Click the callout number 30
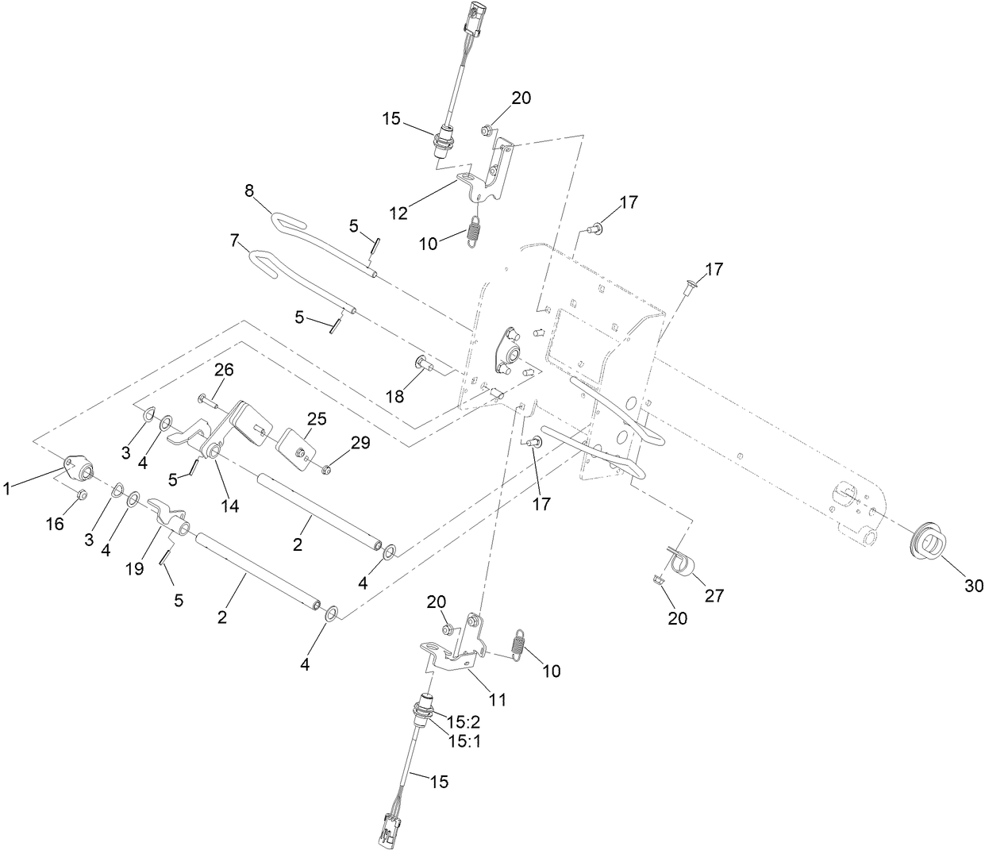click(x=973, y=586)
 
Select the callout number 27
click(x=714, y=594)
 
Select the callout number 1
click(x=7, y=490)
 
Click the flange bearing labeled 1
click(x=78, y=468)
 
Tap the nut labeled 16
click(x=81, y=496)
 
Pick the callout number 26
click(x=224, y=370)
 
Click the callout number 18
click(x=395, y=395)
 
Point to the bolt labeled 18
click(x=423, y=364)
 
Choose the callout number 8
click(x=249, y=190)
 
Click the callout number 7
click(x=235, y=239)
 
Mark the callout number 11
click(x=497, y=699)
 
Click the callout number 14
click(x=229, y=504)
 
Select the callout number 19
click(x=134, y=569)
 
